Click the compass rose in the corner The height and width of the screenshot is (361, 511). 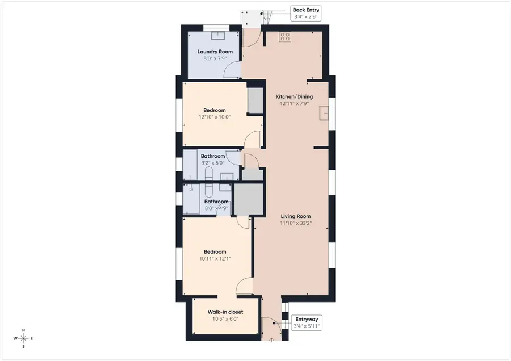click(x=23, y=338)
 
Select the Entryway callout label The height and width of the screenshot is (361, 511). click(x=305, y=322)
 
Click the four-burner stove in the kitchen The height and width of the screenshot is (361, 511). click(x=285, y=37)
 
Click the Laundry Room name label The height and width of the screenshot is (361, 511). click(x=215, y=52)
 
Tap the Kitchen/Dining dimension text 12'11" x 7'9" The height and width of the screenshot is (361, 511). click(x=294, y=103)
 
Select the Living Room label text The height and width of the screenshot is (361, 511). click(x=296, y=216)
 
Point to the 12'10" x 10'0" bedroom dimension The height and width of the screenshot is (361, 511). click(x=212, y=117)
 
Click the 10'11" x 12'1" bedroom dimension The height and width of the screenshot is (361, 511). click(x=215, y=258)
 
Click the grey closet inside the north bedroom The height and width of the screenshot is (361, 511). click(x=255, y=100)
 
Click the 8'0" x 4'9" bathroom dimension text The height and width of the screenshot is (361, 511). click(x=216, y=208)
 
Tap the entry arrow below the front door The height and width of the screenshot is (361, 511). click(x=271, y=340)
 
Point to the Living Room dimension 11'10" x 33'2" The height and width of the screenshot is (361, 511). click(x=296, y=223)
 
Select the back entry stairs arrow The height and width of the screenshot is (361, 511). click(x=262, y=14)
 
